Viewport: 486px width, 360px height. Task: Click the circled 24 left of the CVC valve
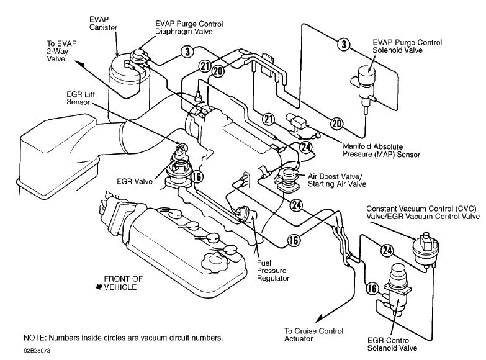point(388,250)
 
